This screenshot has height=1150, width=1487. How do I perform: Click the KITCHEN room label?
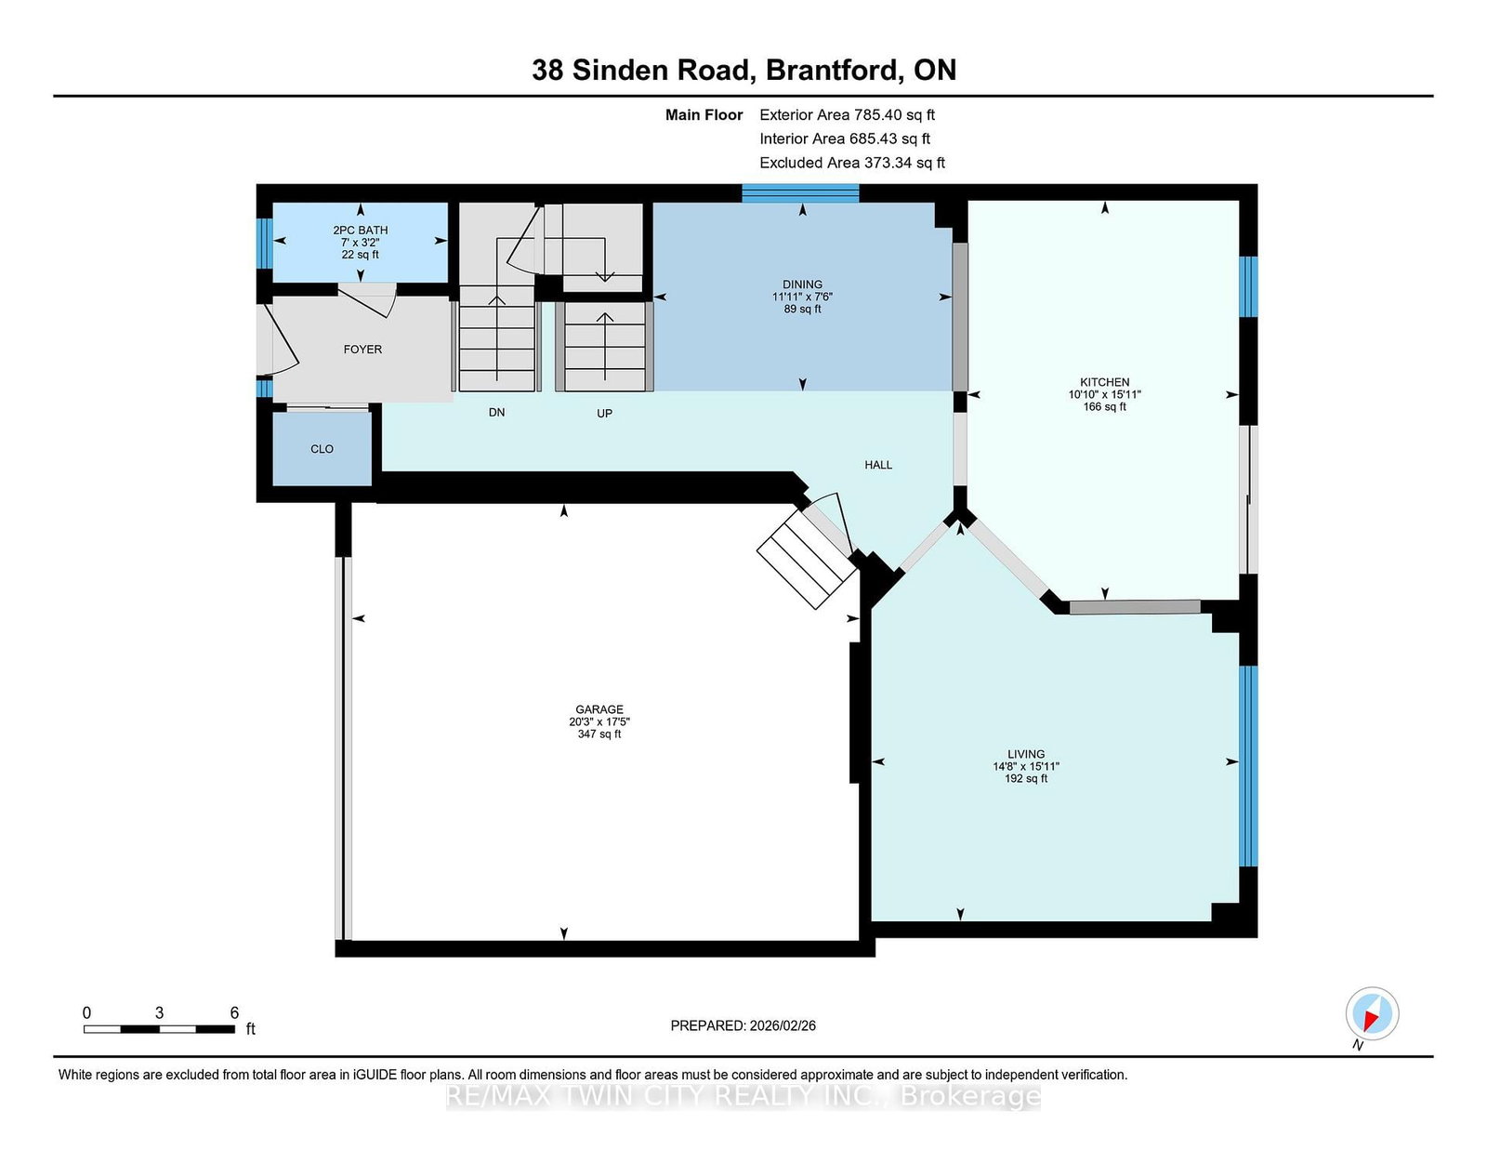(1104, 382)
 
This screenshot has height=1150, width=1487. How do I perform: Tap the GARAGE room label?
(599, 709)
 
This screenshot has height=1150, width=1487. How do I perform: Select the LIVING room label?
(1025, 754)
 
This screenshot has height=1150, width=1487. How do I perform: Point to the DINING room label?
(802, 284)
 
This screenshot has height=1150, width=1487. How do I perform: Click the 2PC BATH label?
(360, 230)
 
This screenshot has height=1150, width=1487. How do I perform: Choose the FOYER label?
(362, 350)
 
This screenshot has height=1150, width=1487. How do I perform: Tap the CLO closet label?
(322, 449)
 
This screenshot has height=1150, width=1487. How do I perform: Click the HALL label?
(878, 465)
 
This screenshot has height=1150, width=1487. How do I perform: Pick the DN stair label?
(496, 412)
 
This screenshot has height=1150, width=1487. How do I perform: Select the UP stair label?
(603, 414)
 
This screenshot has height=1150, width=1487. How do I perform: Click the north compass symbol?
(1372, 1013)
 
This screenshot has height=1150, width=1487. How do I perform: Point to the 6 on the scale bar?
(234, 1012)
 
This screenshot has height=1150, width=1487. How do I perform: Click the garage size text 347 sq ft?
(599, 734)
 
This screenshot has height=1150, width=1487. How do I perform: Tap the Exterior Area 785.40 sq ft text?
(847, 115)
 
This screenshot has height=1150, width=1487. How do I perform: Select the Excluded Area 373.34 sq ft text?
(852, 163)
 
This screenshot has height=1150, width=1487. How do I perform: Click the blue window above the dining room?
(800, 193)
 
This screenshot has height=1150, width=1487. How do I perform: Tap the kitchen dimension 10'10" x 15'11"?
(1104, 394)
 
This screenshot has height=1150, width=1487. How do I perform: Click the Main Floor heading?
(704, 115)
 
